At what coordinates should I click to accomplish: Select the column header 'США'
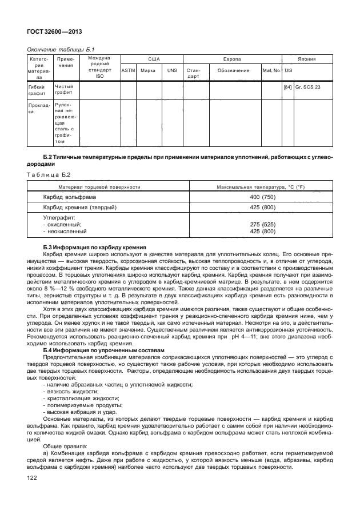click(x=154, y=59)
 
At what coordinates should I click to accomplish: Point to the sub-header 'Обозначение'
click(x=233, y=70)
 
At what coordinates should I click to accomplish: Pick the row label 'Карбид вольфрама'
click(x=70, y=197)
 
